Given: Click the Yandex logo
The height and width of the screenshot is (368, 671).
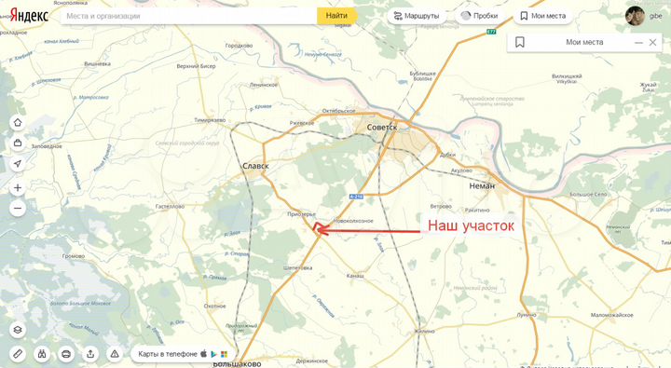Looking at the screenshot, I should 29,15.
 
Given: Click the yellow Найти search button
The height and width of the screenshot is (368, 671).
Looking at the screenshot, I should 336,16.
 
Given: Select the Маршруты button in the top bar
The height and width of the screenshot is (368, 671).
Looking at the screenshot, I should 418,16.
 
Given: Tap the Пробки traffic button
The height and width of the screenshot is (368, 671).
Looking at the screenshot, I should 479,16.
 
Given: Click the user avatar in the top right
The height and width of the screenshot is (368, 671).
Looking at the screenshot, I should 635,16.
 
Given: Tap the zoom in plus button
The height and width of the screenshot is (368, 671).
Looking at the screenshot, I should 18,187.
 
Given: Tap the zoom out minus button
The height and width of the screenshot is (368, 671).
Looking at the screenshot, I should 18,209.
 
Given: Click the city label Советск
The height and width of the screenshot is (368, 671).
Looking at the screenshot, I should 382,128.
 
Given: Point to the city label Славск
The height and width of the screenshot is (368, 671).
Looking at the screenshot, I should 254,167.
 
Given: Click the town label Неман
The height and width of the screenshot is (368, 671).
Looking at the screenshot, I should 475,185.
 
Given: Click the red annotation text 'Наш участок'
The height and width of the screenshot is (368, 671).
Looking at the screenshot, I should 470,225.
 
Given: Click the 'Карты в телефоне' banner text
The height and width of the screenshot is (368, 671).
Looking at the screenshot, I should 168,354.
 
